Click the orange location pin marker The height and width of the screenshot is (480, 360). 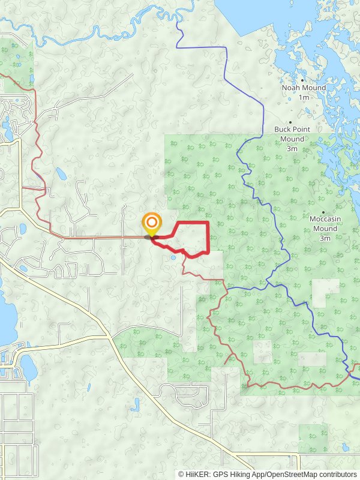pos(151,223)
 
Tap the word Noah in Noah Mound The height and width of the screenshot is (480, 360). pos(292,88)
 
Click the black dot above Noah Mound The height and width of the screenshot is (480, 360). pos(303,80)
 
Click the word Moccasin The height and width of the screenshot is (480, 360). pos(325,220)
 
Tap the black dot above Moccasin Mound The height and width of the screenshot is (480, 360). pos(323,212)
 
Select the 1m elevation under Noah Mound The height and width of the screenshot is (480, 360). pos(304,97)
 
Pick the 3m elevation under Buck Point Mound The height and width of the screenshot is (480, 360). pos(292,148)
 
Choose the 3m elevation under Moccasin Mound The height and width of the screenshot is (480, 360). pos(325,238)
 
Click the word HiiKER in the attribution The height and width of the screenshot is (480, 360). pos(197,474)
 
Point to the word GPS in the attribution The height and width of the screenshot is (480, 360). pos(221,474)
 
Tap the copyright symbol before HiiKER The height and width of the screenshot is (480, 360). pos(181,474)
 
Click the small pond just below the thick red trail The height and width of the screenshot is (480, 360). pos(173,258)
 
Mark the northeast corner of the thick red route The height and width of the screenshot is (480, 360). pos(208,223)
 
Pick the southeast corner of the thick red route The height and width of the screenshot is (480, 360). pos(208,252)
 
